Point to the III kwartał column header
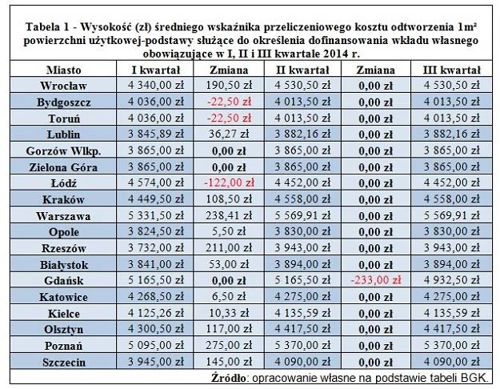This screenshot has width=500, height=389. [451, 70]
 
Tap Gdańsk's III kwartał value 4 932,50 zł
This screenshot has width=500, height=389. [451, 279]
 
